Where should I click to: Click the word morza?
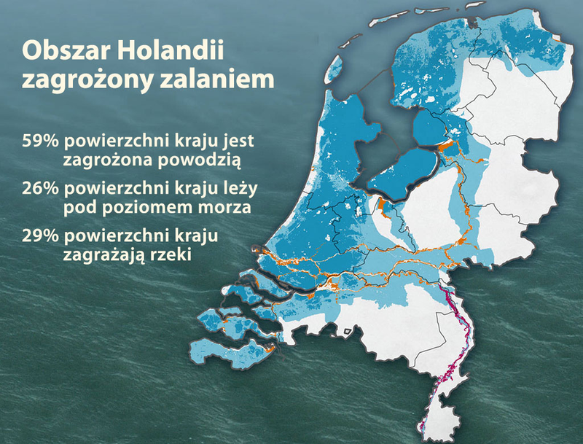(x=225, y=206)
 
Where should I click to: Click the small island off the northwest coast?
(x=334, y=69)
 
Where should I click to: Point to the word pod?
(x=79, y=206)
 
